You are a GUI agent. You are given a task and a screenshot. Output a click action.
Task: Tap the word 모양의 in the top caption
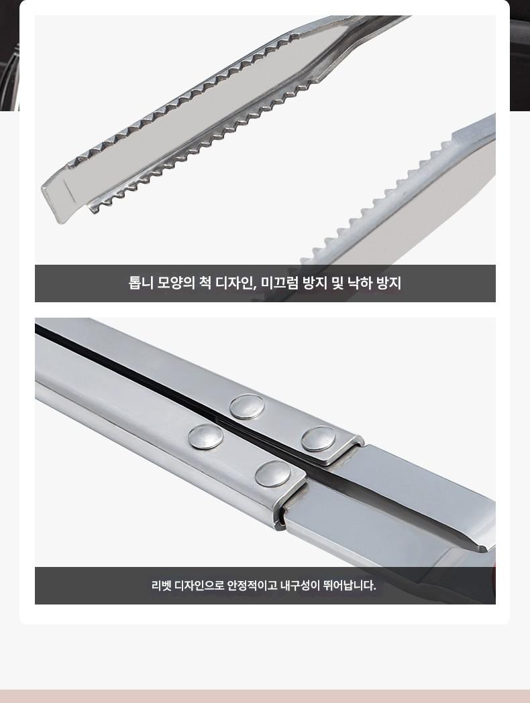coord(176,283)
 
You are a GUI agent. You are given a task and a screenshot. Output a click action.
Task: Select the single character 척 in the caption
coord(205,283)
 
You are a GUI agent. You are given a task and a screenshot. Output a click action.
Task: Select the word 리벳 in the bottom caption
coord(161,585)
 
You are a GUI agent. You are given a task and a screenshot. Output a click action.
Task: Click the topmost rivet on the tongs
coord(247,407)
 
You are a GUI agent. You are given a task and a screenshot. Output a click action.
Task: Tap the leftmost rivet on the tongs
coord(205,437)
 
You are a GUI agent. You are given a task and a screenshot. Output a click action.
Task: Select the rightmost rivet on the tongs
coord(318,439)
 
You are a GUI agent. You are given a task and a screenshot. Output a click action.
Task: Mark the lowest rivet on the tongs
coord(273,474)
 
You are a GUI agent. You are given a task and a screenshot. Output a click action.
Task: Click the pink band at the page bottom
coord(265,696)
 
